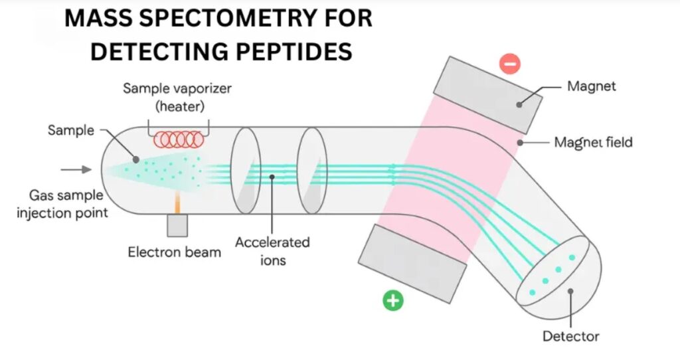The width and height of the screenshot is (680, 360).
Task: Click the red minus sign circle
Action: pyautogui.click(x=510, y=64)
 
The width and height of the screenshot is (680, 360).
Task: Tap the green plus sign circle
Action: pyautogui.click(x=393, y=300)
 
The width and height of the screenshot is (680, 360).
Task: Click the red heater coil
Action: pyautogui.click(x=179, y=139)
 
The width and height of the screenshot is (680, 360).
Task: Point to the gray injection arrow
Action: pyautogui.click(x=76, y=169)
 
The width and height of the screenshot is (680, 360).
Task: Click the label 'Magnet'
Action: pyautogui.click(x=591, y=86)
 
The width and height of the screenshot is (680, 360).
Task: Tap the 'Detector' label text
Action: pyautogui.click(x=570, y=336)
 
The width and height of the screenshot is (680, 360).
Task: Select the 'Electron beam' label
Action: pyautogui.click(x=175, y=252)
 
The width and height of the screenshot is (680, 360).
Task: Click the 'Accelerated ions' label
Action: pyautogui.click(x=272, y=251)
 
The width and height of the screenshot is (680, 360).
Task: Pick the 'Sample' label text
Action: pyautogui.click(x=70, y=130)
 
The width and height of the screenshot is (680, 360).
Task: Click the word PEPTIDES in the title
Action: pyautogui.click(x=294, y=51)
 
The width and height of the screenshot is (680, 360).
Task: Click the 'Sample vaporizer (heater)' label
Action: pyautogui.click(x=177, y=97)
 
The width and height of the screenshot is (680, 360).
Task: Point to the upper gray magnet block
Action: pyautogui.click(x=487, y=94)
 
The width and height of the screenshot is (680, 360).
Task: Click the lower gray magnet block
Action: pyautogui.click(x=412, y=264)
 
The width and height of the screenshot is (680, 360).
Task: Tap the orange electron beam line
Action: pyautogui.click(x=177, y=203)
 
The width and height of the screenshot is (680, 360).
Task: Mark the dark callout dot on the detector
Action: pyautogui.click(x=570, y=291)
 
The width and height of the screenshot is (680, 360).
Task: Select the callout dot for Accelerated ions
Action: pyautogui.click(x=272, y=177)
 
